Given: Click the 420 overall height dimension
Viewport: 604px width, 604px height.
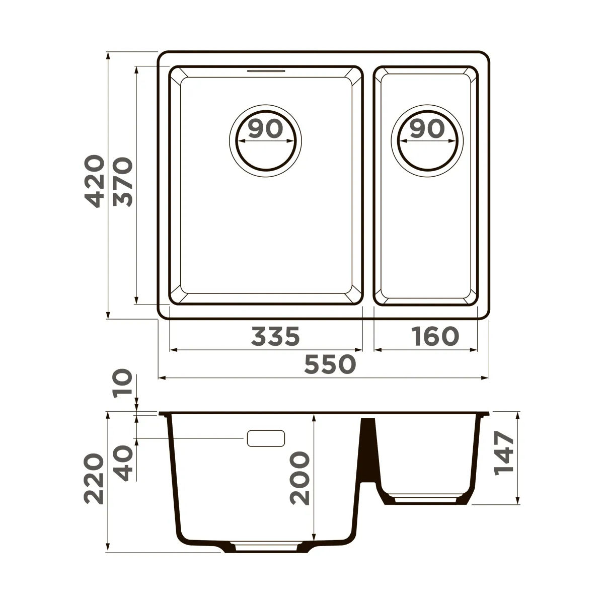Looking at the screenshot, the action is [94, 181].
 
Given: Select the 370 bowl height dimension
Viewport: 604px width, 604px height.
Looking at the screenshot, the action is [122, 182].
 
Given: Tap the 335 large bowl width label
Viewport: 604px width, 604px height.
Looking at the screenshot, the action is [275, 336].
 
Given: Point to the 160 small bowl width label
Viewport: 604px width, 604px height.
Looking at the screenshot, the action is [435, 336].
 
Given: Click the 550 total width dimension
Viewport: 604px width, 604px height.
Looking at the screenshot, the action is [330, 364].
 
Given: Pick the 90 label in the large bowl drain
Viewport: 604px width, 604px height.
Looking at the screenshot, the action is [265, 129].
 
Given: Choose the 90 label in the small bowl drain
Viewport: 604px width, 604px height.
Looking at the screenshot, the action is [427, 129].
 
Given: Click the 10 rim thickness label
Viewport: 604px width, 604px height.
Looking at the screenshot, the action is [122, 384].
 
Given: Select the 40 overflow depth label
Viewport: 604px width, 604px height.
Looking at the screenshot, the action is [122, 463].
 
